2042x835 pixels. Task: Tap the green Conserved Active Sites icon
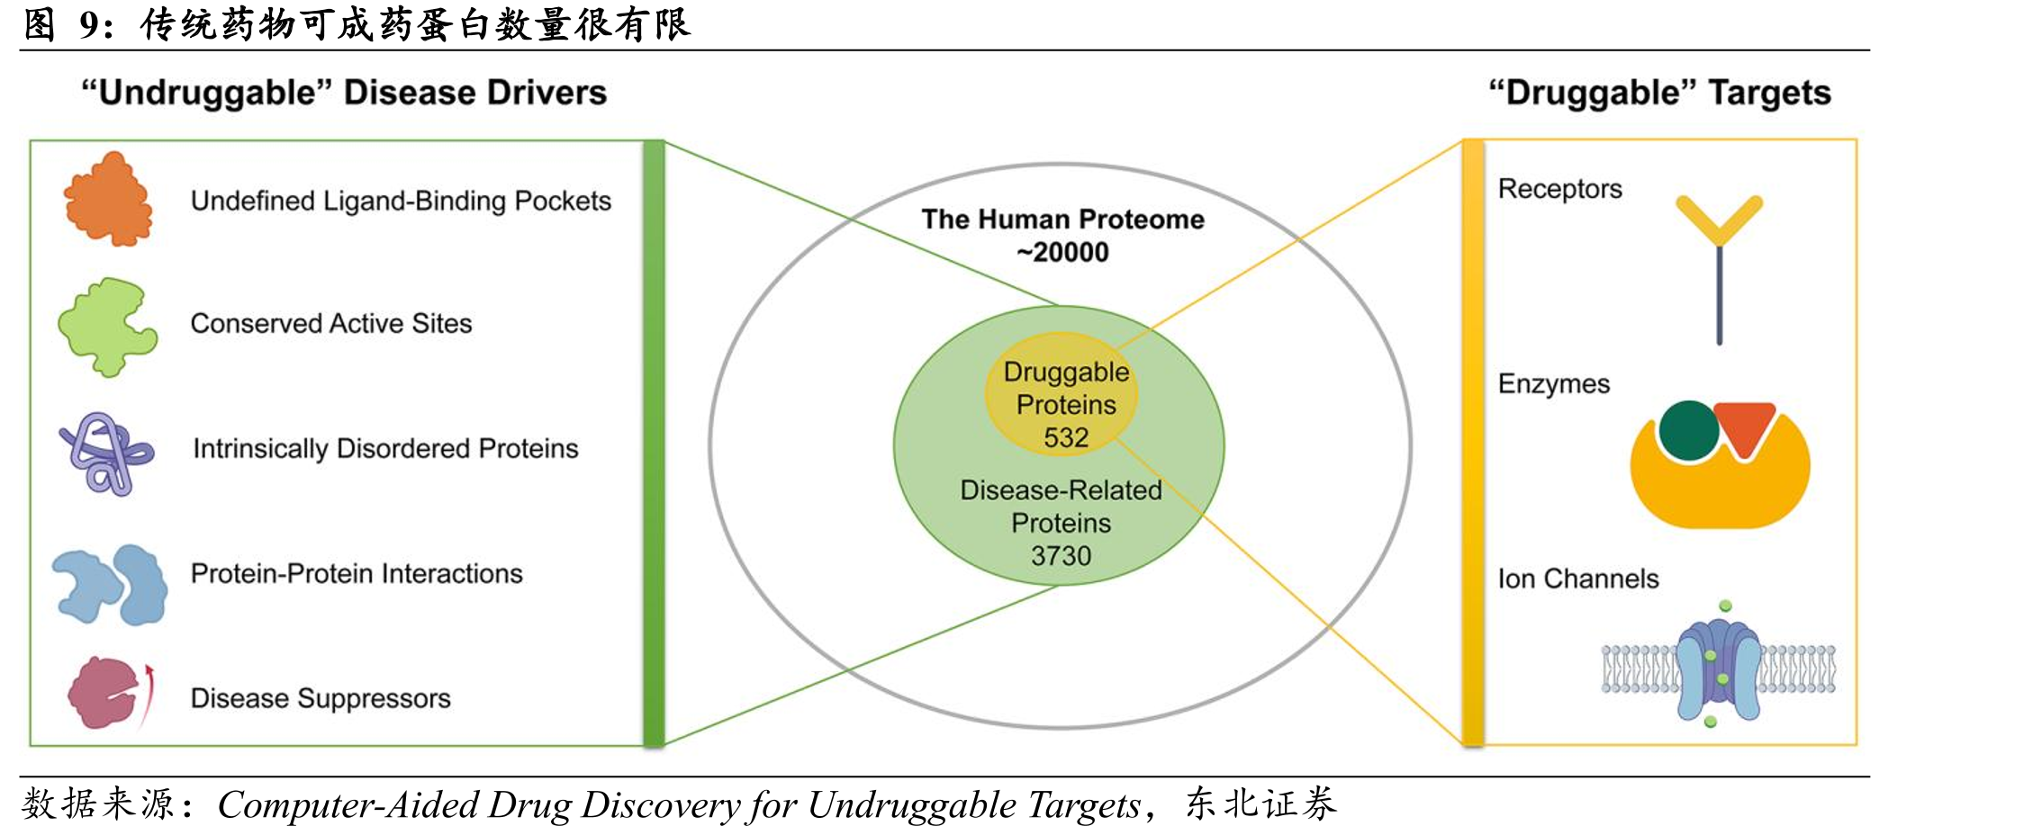point(107,326)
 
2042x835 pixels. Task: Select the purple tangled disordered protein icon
point(106,453)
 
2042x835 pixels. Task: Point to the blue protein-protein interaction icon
point(110,584)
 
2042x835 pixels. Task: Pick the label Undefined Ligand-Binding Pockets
point(401,201)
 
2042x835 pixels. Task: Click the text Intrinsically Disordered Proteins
point(385,448)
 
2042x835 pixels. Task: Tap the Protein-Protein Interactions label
point(357,573)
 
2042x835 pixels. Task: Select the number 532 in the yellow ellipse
point(1066,437)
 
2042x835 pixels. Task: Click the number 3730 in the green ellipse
point(1061,556)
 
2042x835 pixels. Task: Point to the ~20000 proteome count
point(1062,252)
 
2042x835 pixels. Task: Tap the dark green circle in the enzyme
point(1689,431)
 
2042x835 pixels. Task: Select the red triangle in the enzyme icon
point(1744,426)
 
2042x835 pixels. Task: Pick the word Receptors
point(1559,189)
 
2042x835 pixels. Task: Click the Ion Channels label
point(1577,579)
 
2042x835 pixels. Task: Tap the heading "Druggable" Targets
point(1659,93)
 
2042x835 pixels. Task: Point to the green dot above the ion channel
point(1725,606)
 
